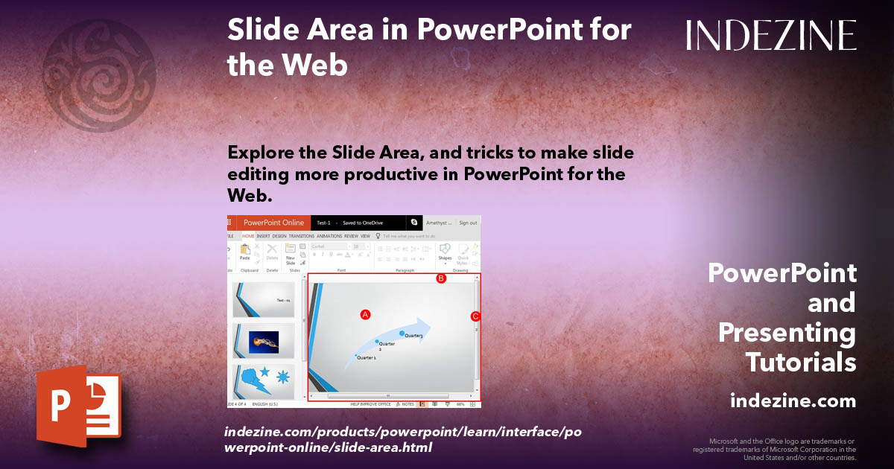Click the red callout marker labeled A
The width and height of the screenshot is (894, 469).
[365, 314]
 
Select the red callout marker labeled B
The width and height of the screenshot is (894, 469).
[440, 278]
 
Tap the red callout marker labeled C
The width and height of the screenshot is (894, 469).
[475, 316]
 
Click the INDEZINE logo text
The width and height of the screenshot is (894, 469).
[771, 35]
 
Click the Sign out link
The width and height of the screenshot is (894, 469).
[468, 223]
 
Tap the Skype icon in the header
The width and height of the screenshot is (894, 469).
[414, 223]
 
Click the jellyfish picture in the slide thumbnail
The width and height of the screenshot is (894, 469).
[264, 342]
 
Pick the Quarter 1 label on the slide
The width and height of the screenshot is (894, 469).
[366, 358]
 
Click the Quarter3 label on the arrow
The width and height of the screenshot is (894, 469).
[413, 336]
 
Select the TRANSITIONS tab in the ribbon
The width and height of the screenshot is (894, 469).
[302, 236]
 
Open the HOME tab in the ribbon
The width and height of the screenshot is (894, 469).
[248, 236]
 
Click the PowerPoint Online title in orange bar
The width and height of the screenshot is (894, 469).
[273, 223]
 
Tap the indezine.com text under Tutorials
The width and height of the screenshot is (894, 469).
[793, 401]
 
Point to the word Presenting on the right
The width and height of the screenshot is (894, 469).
[787, 333]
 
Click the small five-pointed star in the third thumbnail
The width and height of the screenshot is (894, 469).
[264, 371]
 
